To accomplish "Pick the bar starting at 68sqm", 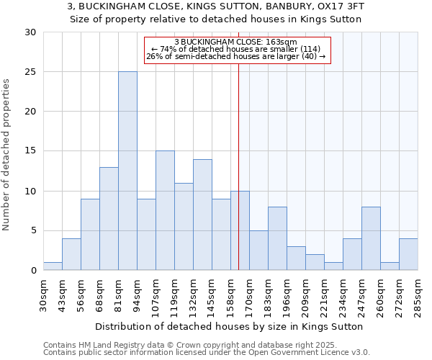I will (109, 219).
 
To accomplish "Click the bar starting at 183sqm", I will (277, 238).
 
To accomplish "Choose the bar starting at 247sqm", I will (371, 238).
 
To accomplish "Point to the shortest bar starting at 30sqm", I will (53, 266).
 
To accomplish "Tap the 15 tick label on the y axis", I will (32, 151).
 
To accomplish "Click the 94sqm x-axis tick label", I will (138, 296).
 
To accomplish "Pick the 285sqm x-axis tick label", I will (418, 296).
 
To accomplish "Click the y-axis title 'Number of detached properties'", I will (7, 155).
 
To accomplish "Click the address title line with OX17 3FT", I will (215, 6).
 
